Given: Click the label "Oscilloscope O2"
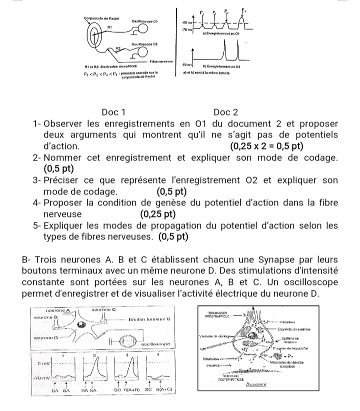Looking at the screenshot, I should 145,44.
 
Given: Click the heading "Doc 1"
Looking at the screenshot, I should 113,112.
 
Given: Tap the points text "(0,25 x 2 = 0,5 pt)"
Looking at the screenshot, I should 267,146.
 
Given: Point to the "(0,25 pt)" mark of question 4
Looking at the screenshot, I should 158,214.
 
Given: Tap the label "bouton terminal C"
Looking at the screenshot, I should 150,318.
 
